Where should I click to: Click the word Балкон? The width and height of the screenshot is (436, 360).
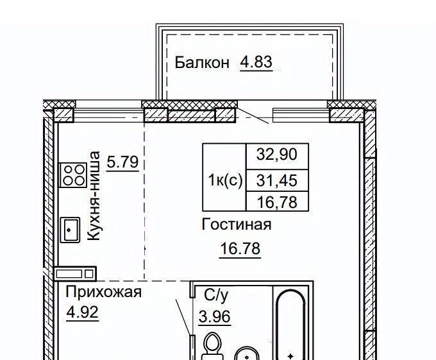tap(202, 63)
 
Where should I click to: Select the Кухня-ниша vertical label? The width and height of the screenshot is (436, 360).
tap(94, 196)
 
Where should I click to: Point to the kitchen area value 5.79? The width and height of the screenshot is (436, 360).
tap(122, 162)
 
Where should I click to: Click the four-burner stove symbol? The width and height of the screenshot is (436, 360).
tap(73, 175)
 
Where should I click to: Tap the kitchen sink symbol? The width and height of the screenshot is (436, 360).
tap(70, 230)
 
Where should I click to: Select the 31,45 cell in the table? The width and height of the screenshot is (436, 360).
tap(277, 180)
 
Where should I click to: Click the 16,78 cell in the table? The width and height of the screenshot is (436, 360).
tap(277, 201)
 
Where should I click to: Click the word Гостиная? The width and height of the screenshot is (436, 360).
tap(237, 225)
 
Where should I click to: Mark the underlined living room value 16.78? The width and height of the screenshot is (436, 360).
tap(240, 248)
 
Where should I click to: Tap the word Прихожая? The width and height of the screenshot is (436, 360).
tap(104, 293)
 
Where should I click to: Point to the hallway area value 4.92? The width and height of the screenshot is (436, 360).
tap(83, 312)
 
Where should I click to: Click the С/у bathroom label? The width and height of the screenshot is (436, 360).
tap(216, 295)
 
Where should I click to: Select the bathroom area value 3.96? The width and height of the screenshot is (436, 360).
tap(214, 316)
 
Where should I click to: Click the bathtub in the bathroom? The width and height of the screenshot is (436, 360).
tap(291, 325)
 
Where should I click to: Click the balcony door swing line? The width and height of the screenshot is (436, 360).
tap(253, 116)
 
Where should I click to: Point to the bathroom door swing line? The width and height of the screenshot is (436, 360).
tap(183, 317)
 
